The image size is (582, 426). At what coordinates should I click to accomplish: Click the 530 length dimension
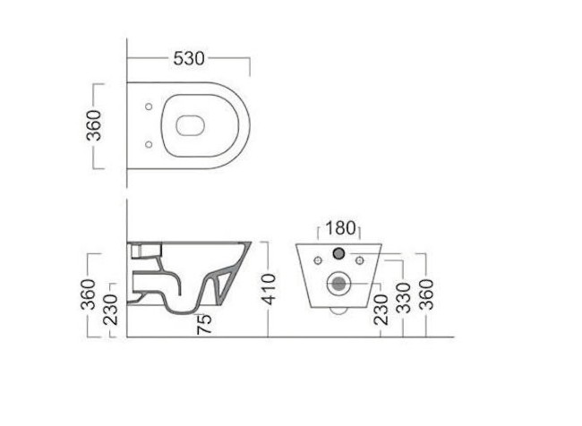point(189,59)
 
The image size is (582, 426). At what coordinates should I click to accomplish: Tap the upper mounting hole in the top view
point(145,107)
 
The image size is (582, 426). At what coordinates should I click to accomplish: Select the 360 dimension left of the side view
point(90,293)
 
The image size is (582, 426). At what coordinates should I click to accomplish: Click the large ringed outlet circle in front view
point(338,285)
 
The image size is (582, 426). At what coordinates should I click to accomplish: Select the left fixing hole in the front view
point(317,260)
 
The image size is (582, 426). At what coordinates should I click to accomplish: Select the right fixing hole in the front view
point(360,260)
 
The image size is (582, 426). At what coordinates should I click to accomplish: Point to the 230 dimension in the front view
point(381,311)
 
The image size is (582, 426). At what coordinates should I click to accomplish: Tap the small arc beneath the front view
point(338,311)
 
